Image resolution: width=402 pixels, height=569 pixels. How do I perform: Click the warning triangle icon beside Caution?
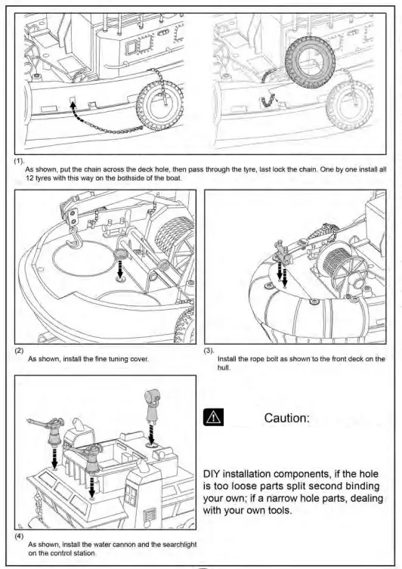pos(213,417)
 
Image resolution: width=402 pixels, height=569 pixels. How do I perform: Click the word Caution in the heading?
pos(286,418)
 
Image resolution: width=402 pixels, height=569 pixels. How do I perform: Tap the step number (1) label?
pos(19,161)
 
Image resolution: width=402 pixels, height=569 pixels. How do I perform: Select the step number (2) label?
pos(19,350)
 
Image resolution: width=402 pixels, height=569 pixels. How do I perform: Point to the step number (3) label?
pos(209,350)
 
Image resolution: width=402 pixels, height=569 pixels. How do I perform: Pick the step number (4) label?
pos(19,536)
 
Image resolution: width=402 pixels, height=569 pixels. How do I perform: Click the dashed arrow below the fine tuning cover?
pos(120,269)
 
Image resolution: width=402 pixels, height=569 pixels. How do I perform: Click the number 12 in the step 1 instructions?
pos(29,178)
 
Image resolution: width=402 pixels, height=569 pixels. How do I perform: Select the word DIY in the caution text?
pos(211,475)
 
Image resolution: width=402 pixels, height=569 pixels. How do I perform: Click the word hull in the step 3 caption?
pos(223,367)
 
